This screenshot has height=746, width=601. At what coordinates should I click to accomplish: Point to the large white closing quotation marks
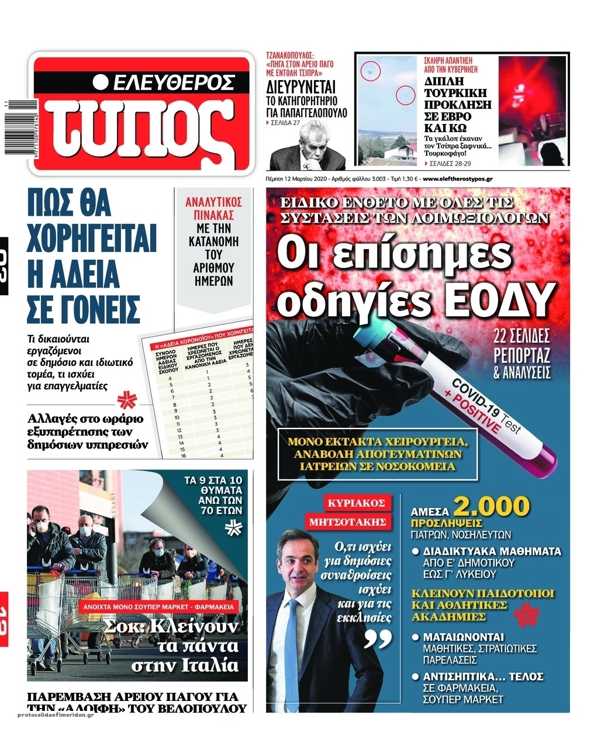tap(378, 639)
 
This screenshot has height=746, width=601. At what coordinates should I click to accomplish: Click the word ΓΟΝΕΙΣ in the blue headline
tap(84, 308)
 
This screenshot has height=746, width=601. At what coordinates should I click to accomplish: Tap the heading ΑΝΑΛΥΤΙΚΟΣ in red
tap(213, 202)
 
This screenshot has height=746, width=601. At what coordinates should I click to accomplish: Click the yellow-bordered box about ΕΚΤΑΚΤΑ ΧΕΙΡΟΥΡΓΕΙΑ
tap(378, 454)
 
